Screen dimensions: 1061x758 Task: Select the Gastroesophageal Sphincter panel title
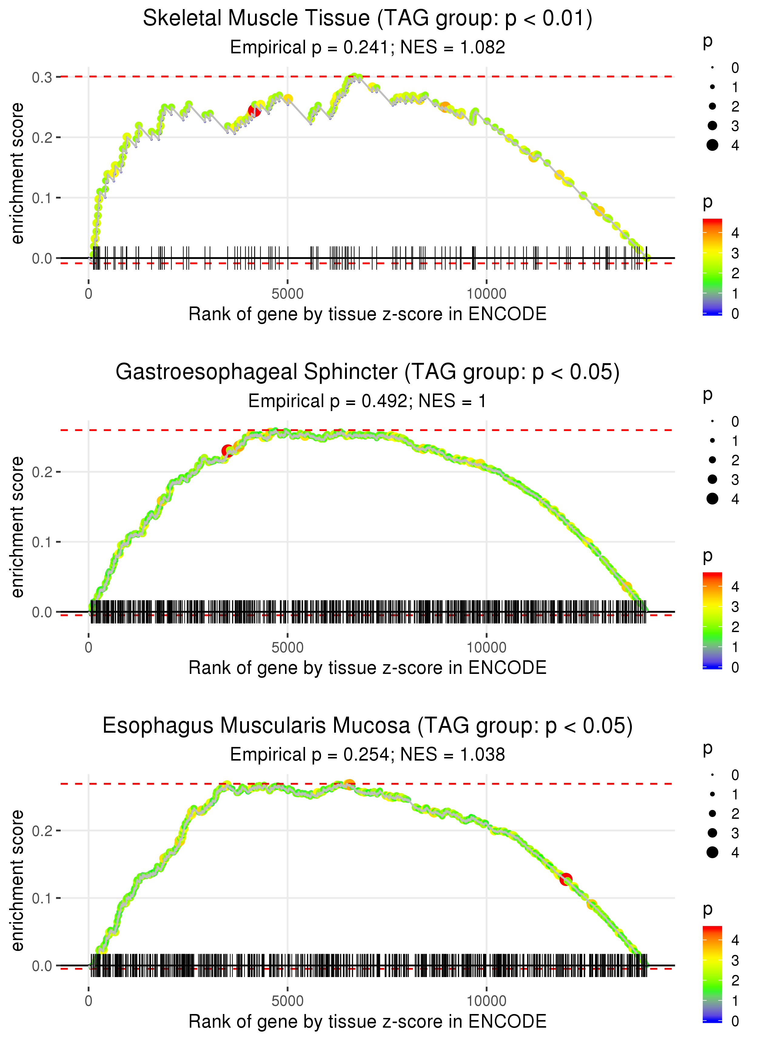coord(367,372)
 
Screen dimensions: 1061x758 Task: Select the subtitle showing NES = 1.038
coord(367,755)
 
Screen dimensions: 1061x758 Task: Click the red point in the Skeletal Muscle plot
coord(254,111)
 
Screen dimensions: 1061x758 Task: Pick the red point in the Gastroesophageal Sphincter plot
coord(227,451)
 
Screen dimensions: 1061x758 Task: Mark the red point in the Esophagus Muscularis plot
coord(566,879)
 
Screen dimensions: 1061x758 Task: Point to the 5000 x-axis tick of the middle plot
coord(287,648)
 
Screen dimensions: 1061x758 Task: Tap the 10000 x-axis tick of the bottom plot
coord(486,1001)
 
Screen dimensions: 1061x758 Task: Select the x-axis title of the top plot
coord(367,314)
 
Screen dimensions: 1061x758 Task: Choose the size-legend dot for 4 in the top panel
coord(712,145)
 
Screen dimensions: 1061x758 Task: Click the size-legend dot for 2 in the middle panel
coord(712,460)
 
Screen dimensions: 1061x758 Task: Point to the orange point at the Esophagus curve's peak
coord(349,785)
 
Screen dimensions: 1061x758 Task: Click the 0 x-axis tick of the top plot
coord(89,294)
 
